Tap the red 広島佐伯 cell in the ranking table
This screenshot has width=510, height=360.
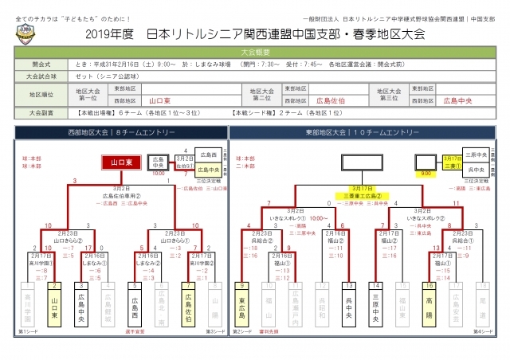coord(330,101)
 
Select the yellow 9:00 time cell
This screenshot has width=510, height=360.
coord(426,170)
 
